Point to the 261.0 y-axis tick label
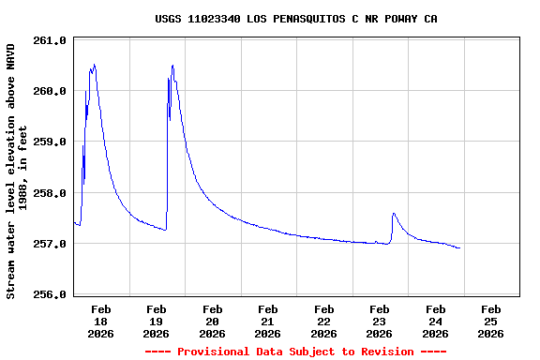pyautogui.click(x=50, y=40)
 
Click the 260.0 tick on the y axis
pyautogui.click(x=50, y=91)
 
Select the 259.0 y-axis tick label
pyautogui.click(x=50, y=142)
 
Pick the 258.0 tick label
pyautogui.click(x=50, y=193)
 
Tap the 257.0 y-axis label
pyautogui.click(x=50, y=244)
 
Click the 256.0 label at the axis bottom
pyautogui.click(x=50, y=294)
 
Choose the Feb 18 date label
pyautogui.click(x=101, y=321)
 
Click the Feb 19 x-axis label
pyautogui.click(x=157, y=321)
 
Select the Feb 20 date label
pyautogui.click(x=213, y=321)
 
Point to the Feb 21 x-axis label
pyautogui.click(x=268, y=321)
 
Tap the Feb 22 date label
pyautogui.click(x=324, y=321)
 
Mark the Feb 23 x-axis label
pyautogui.click(x=380, y=321)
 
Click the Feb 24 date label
pyautogui.click(x=435, y=321)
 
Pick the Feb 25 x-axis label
pyautogui.click(x=491, y=321)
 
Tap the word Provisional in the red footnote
pyautogui.click(x=217, y=352)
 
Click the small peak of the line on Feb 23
pyautogui.click(x=394, y=214)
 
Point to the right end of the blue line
pyautogui.click(x=460, y=248)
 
